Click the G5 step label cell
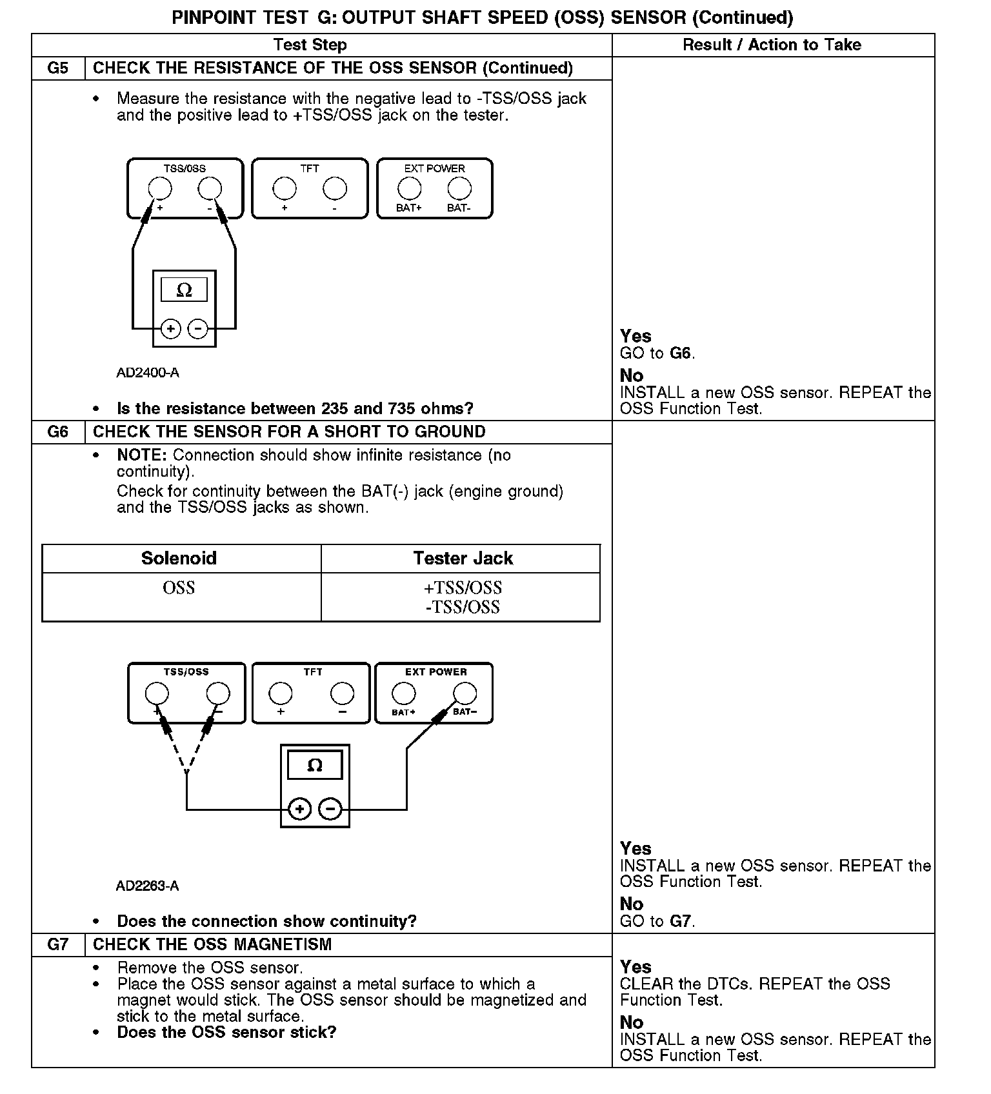tap(58, 68)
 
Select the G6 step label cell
tap(58, 432)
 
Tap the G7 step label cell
tap(58, 944)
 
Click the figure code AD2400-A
tap(148, 373)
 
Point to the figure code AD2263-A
tap(147, 886)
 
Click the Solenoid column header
tap(179, 559)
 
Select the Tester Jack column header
tap(463, 559)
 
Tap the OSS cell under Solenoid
tap(179, 588)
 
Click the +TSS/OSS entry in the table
tap(463, 588)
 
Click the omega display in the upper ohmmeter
tap(184, 290)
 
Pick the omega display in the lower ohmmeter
tap(315, 766)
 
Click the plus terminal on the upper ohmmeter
tap(170, 329)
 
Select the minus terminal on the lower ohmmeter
tap(330, 809)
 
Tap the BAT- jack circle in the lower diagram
tap(465, 693)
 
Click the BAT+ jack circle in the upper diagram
tap(409, 188)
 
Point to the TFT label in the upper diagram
tap(310, 168)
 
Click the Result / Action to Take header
tap(772, 45)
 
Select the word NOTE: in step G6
tap(142, 455)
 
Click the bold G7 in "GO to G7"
tap(681, 921)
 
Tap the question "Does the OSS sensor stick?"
tap(226, 1032)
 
